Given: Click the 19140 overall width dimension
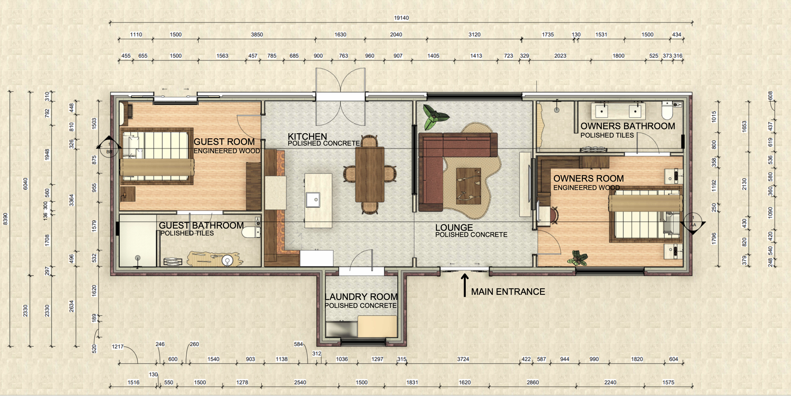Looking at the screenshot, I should pos(401,18).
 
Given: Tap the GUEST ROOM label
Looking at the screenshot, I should pos(224,142).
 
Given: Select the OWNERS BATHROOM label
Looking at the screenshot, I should pos(627,126).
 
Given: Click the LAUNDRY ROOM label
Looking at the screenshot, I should pos(361,297).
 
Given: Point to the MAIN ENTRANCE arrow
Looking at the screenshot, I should pos(465,285).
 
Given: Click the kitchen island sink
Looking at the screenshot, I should pos(313,199).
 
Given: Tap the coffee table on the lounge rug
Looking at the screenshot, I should pos(468,186).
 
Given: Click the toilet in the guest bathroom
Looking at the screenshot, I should pos(251,232).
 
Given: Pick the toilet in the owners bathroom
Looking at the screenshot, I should pos(667,111).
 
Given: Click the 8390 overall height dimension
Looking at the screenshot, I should pos(5,219).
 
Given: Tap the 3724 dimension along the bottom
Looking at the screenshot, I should pos(463,359).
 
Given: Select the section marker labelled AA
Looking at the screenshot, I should pos(693,223).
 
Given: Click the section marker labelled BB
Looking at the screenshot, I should pos(108,147).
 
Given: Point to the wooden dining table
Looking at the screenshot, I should pos(370,174).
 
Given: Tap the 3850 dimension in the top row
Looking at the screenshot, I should pos(257,35).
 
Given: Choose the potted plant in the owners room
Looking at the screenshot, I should pos(578,258).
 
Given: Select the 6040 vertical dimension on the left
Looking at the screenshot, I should pos(25,183).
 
